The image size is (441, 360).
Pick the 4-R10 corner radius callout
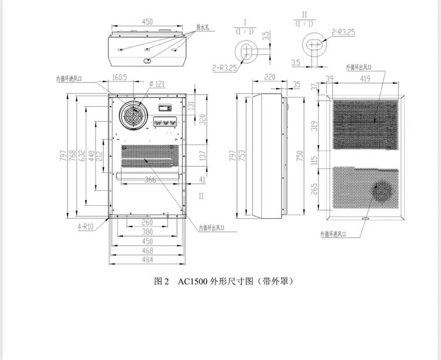pos(86,225)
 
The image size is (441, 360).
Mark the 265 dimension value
pos(315,188)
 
